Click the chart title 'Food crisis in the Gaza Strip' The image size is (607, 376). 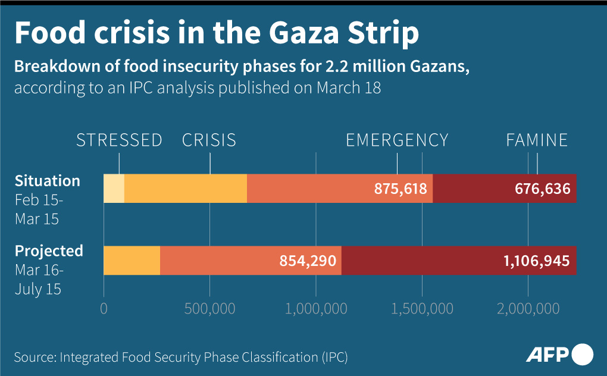click(217, 34)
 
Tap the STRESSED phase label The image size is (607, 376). click(119, 140)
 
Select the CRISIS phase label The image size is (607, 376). click(209, 140)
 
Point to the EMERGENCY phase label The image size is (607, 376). click(397, 140)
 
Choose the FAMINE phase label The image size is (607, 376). click(537, 140)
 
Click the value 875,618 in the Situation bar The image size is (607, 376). click(401, 189)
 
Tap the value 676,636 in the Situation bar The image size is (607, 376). click(542, 189)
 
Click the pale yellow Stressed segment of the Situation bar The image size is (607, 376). click(114, 189)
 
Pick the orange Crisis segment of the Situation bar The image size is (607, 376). click(185, 189)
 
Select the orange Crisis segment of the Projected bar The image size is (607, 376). click(132, 261)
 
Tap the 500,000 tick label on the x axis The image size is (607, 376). click(209, 309)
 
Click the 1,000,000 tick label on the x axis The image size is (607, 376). click(315, 309)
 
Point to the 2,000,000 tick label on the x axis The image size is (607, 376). click(528, 309)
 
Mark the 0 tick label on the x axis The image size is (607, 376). click(104, 309)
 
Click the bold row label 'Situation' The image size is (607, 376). click(47, 180)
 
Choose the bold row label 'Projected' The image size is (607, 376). click(49, 250)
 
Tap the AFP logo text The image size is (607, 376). click(547, 355)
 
